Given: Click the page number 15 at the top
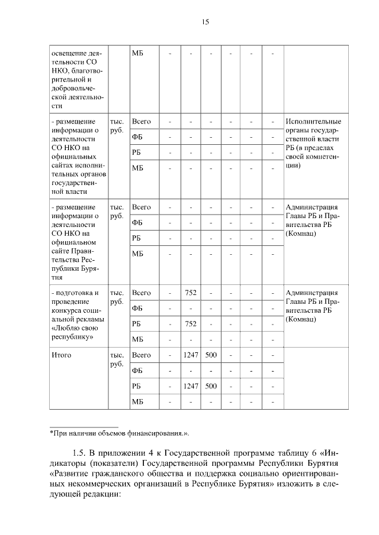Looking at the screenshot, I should [205, 22].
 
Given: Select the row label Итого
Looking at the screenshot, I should [61, 355].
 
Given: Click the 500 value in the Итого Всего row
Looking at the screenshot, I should [211, 355].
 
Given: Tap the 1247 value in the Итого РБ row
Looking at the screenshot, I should [191, 386].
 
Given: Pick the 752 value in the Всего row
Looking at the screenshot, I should [191, 293].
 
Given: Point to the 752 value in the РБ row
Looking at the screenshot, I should [191, 323].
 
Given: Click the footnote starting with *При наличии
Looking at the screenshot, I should [118, 434].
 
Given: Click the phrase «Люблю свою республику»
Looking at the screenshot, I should [74, 330].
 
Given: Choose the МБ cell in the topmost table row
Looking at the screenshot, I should [137, 54].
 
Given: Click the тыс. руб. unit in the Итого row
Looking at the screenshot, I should [117, 359].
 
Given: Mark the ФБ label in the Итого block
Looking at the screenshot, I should [137, 371].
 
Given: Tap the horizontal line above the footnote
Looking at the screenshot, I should [83, 427].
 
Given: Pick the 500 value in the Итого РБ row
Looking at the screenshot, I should [211, 386].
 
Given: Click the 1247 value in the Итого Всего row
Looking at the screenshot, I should [191, 355].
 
